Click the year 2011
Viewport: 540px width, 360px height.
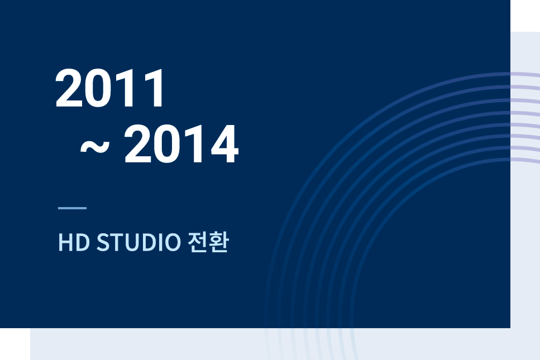pyautogui.click(x=109, y=88)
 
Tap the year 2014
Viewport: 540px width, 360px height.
pyautogui.click(x=181, y=144)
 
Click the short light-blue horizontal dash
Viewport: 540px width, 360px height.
pyautogui.click(x=73, y=208)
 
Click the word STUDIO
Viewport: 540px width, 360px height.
pyautogui.click(x=138, y=242)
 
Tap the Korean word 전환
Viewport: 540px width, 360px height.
pyautogui.click(x=208, y=242)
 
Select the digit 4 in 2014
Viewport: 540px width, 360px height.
pyautogui.click(x=225, y=144)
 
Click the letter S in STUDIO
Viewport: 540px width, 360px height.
pyautogui.click(x=103, y=242)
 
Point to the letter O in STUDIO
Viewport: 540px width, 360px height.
pyautogui.click(x=171, y=242)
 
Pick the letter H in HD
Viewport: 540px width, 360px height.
pyautogui.click(x=65, y=242)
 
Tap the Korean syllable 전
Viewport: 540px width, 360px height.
pyautogui.click(x=198, y=242)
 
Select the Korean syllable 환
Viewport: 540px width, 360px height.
pyautogui.click(x=219, y=242)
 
